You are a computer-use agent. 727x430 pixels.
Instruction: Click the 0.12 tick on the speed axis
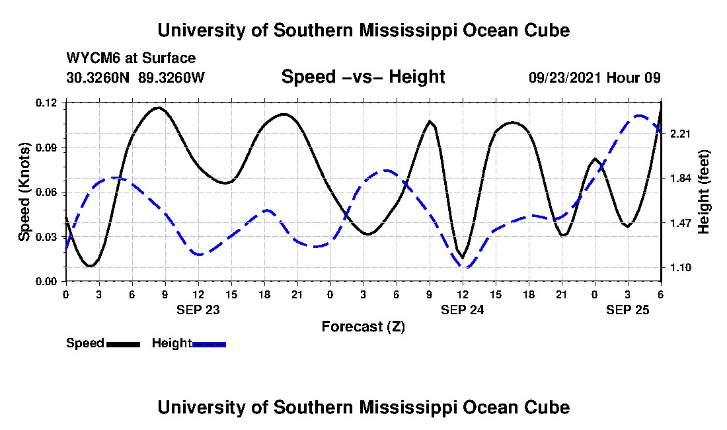pos(48,103)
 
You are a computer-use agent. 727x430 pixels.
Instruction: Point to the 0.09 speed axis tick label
pos(48,147)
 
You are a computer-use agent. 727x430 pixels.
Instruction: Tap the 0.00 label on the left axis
pos(48,281)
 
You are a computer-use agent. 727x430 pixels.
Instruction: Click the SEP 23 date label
pos(198,310)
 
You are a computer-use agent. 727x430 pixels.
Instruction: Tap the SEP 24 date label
pos(463,310)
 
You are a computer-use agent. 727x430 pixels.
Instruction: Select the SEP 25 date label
pos(628,310)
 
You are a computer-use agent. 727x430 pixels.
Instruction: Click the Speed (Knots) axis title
pos(24,192)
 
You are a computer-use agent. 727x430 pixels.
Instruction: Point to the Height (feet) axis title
pos(704,192)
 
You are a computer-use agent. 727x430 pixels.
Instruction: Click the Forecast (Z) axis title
pos(363,327)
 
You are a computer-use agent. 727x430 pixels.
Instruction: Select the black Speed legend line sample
pos(123,344)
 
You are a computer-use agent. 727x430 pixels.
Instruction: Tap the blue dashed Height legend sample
pos(209,344)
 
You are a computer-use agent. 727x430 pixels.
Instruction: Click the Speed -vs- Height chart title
pos(363,77)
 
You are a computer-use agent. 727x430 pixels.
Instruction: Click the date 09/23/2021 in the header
pos(564,77)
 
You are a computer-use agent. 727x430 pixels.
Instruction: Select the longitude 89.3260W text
pos(172,77)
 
